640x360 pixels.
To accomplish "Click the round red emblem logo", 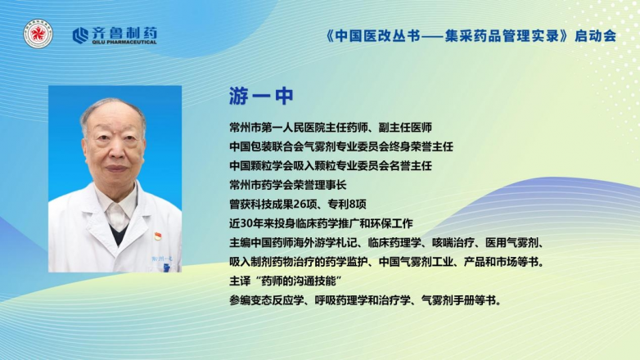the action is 38,34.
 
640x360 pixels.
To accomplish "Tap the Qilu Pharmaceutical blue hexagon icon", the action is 80,35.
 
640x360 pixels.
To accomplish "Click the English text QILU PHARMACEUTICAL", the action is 124,42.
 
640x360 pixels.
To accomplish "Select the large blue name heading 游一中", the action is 261,97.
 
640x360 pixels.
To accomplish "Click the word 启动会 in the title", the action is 596,36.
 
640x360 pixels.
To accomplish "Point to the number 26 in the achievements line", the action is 300,204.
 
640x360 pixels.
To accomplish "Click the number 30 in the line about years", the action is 246,223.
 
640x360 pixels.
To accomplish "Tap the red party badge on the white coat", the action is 158,236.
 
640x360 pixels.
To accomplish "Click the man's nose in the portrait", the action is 116,153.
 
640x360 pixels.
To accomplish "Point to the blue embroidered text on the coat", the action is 162,259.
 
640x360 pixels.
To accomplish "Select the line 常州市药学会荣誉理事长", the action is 288,185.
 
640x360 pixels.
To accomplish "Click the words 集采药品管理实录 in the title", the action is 502,36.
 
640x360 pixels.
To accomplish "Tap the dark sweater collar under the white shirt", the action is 119,234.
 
